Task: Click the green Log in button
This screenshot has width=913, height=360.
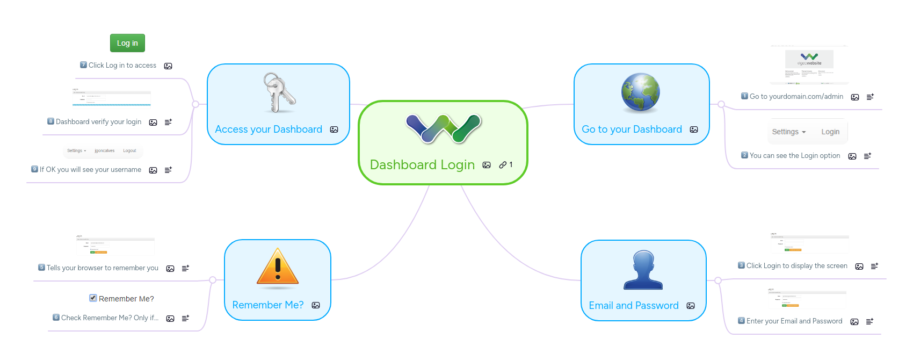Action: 127,43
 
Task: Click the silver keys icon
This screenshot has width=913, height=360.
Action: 278,93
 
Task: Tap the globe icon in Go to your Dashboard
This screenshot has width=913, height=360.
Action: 640,92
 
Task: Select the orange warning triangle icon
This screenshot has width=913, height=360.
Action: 278,267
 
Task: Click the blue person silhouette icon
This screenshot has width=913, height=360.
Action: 643,270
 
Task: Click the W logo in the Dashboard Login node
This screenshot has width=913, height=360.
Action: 444,129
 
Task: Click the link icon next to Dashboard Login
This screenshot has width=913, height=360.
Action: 503,165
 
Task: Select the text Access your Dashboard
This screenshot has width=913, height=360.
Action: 269,129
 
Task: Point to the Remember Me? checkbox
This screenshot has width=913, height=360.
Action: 93,298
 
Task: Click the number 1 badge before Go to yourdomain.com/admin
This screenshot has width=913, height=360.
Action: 744,96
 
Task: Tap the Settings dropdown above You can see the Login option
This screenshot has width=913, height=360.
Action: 788,132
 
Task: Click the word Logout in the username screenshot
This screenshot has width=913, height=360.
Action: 129,151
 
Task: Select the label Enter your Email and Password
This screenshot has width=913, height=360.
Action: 794,321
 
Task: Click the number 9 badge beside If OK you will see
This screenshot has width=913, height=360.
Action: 35,169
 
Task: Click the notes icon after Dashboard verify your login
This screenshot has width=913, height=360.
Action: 168,123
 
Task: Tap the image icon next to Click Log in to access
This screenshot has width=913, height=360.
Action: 168,66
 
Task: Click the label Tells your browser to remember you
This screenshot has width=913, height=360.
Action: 102,268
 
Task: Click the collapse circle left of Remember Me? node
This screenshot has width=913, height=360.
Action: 213,280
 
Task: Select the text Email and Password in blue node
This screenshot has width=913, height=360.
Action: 634,306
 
